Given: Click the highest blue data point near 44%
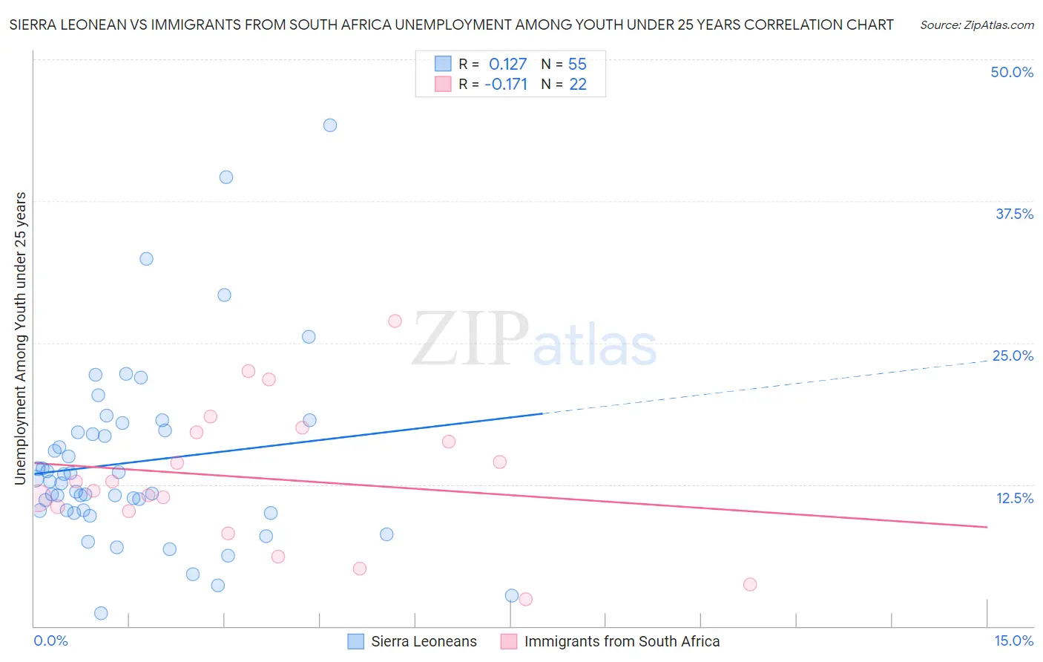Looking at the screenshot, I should point(330,125).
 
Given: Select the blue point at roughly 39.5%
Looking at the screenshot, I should point(226,177).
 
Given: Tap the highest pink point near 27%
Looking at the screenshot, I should point(395,321).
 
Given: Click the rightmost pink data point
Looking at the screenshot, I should point(750,585).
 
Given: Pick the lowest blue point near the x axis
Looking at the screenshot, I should point(101,613).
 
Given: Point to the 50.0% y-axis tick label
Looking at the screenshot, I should point(1012,73).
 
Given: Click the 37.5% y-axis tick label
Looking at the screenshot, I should point(1014,214).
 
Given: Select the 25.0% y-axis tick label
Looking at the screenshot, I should point(1013,356).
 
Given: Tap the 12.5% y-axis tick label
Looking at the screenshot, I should point(1014,499).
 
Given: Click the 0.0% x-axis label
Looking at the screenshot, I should point(50,641).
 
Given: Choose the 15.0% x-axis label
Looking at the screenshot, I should point(1013,641).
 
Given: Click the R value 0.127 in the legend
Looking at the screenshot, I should point(507,65).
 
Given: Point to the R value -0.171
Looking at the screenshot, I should point(506,85).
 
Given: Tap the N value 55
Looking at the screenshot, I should point(577,65).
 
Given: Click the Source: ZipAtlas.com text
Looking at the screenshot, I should point(976,25).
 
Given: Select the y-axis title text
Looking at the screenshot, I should point(21,338).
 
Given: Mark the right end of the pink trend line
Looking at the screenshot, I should point(987,527).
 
